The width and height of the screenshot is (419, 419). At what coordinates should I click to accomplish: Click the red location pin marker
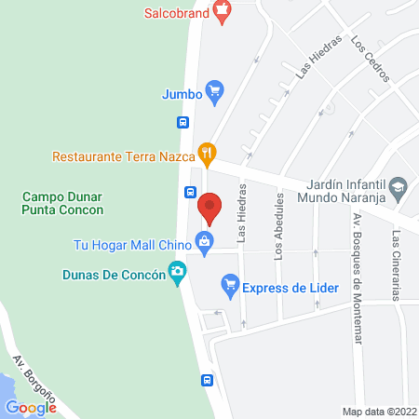[210, 209]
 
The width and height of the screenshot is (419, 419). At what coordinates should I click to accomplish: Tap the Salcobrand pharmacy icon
[221, 12]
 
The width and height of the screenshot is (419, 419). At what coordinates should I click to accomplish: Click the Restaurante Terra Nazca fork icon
[209, 152]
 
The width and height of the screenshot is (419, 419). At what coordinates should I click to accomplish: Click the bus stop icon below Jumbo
[183, 121]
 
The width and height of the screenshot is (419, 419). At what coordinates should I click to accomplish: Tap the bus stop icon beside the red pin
[189, 193]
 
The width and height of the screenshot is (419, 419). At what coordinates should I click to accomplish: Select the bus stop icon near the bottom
[207, 380]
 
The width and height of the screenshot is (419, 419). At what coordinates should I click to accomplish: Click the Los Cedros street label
[370, 60]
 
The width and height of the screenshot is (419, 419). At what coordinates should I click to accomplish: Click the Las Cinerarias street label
[397, 266]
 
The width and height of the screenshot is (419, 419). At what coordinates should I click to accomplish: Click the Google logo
[31, 407]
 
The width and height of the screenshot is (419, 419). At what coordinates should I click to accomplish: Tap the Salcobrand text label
[176, 13]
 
